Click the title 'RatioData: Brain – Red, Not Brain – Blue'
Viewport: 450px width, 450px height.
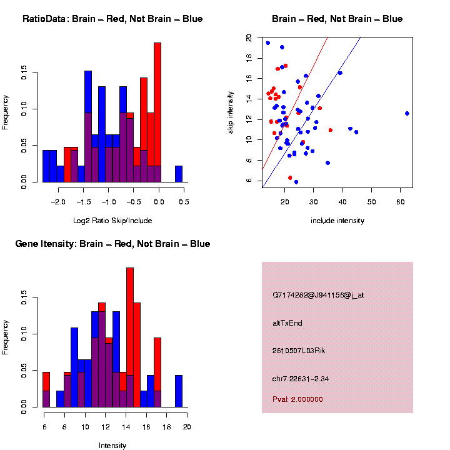point(112,19)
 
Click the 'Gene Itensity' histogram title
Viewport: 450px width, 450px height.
point(112,244)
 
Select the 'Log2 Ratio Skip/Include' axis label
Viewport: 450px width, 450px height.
point(112,221)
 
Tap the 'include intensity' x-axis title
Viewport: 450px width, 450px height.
point(337,221)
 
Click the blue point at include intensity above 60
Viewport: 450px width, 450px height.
point(407,113)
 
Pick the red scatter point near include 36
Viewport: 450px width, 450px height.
point(330,130)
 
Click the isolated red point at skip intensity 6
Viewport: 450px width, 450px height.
point(290,177)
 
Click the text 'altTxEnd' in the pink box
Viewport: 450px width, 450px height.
point(287,323)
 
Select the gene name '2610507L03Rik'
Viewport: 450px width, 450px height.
point(299,351)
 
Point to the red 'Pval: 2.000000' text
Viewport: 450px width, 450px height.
point(302,399)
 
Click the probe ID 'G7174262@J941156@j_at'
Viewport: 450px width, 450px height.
point(318,295)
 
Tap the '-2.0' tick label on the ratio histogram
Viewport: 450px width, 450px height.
point(58,202)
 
